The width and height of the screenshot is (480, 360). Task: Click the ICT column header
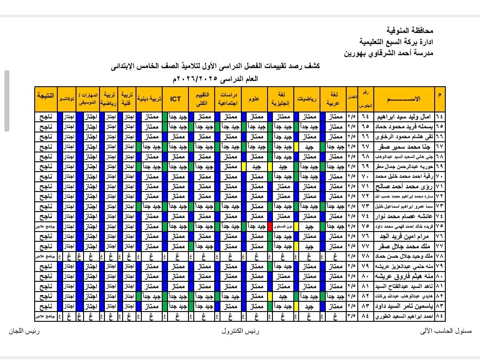click(175, 99)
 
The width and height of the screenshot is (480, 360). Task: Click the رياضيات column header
click(308, 99)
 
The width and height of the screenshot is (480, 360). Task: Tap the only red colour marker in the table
click(270, 226)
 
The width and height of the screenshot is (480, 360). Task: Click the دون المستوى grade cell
click(284, 226)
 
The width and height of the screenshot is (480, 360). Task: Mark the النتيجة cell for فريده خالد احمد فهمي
click(46, 226)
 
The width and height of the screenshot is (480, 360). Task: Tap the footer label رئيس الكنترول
click(240, 332)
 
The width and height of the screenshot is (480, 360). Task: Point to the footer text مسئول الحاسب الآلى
click(445, 332)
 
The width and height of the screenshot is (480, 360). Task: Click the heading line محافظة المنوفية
click(410, 31)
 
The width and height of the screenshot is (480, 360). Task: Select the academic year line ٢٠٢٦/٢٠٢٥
click(209, 79)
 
